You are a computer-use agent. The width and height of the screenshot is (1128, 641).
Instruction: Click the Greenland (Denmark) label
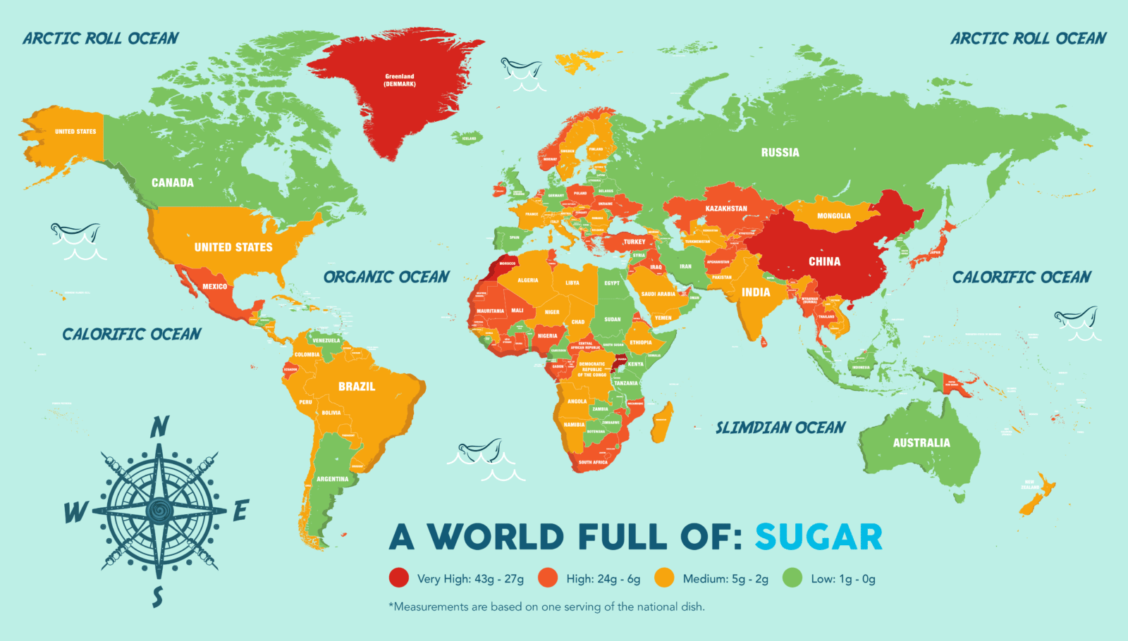(x=400, y=80)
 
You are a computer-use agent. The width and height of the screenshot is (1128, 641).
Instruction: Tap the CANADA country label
(x=173, y=183)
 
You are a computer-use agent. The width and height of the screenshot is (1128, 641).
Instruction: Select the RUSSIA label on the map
(x=780, y=153)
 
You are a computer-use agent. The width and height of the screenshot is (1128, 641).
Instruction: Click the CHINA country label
(x=824, y=262)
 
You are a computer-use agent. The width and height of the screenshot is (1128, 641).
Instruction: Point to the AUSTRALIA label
(x=921, y=443)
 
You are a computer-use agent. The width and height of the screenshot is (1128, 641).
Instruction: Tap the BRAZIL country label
(x=357, y=387)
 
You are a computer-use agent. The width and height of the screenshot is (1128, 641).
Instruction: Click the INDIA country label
(x=756, y=292)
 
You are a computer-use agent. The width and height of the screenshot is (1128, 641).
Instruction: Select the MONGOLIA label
(x=834, y=216)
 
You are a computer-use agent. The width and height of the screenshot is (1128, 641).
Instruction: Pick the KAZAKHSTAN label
(x=726, y=209)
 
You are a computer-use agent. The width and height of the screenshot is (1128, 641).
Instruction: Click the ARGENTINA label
(x=332, y=479)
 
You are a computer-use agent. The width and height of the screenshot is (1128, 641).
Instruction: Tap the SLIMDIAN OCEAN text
(x=780, y=428)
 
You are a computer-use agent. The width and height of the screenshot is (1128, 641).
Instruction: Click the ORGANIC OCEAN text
(x=386, y=278)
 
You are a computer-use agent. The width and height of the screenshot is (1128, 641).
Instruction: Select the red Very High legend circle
(x=399, y=578)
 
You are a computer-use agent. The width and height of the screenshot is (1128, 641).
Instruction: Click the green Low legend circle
(x=792, y=578)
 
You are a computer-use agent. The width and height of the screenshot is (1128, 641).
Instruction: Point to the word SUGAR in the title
(x=819, y=537)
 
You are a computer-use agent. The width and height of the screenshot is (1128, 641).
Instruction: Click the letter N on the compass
(x=160, y=427)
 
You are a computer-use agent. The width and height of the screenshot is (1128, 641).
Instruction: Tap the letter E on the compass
(x=241, y=510)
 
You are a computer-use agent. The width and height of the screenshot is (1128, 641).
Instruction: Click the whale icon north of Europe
(x=522, y=69)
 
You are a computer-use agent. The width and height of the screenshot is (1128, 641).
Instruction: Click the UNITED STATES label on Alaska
(x=75, y=132)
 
